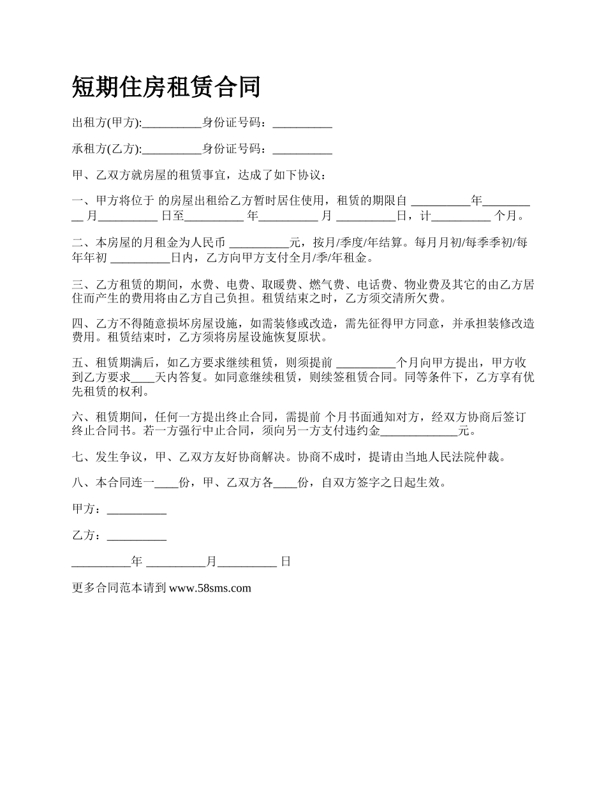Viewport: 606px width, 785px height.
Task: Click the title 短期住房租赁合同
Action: point(166,86)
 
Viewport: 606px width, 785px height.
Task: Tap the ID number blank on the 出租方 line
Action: point(302,124)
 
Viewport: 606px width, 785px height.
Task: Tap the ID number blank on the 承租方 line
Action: point(302,151)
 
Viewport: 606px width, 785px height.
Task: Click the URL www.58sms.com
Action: point(210,588)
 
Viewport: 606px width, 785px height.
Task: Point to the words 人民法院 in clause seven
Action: point(457,456)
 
